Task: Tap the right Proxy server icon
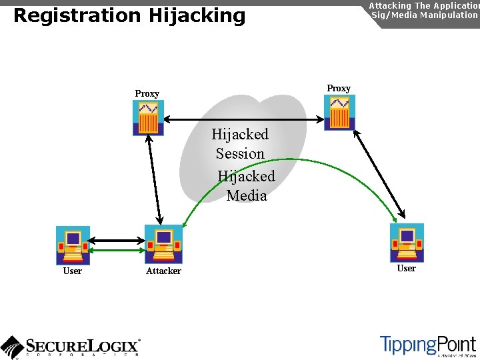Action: point(339,112)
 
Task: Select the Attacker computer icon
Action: point(163,244)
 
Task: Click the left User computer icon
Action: point(73,245)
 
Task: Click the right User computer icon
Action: point(407,243)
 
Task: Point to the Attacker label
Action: point(163,271)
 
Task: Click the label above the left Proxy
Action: point(147,94)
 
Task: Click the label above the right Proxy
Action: point(339,89)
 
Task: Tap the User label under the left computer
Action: point(72,271)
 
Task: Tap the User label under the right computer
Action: point(406,269)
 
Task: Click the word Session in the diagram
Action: point(240,154)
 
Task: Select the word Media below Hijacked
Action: point(247,196)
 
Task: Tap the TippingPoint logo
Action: point(427,345)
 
